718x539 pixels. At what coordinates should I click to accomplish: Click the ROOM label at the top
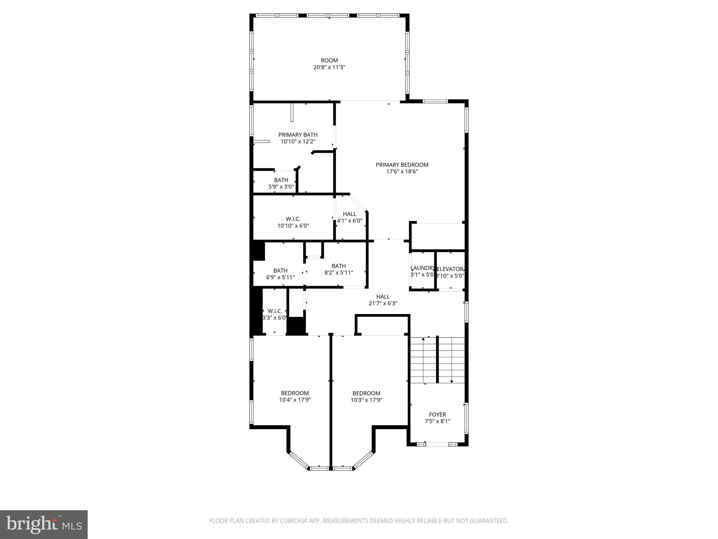coord(329,60)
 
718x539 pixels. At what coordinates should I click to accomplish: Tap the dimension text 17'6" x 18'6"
coord(402,172)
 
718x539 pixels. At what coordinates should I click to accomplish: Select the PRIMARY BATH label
coord(298,135)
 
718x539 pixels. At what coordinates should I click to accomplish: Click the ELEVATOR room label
coord(451,269)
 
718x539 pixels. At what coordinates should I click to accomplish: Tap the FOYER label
coord(437,414)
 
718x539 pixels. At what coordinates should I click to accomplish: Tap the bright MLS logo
coord(44,524)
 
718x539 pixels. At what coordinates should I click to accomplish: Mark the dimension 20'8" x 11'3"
coord(329,67)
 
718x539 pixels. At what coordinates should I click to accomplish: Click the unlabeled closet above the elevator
coord(438,237)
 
